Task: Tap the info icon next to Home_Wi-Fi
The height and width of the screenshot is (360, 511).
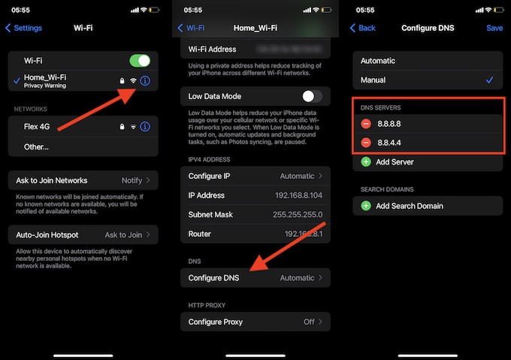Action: (146, 80)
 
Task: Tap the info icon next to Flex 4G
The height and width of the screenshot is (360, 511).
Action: (146, 126)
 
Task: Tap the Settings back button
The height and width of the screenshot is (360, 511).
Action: (23, 28)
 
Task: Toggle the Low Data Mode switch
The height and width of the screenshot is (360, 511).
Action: (311, 96)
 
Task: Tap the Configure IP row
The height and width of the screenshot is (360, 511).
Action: (255, 176)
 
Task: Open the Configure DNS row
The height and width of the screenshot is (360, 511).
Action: (255, 278)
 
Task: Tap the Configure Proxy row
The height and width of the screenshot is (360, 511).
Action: (255, 322)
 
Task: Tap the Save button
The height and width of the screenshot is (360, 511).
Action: (494, 28)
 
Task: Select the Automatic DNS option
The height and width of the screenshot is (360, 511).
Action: (378, 61)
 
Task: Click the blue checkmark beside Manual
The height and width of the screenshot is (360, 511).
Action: (489, 80)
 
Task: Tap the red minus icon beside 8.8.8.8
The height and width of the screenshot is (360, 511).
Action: (366, 123)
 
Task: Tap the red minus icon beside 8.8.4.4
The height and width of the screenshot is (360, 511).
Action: (366, 143)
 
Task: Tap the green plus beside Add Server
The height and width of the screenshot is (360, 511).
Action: (366, 162)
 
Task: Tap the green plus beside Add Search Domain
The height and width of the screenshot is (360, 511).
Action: (366, 206)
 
